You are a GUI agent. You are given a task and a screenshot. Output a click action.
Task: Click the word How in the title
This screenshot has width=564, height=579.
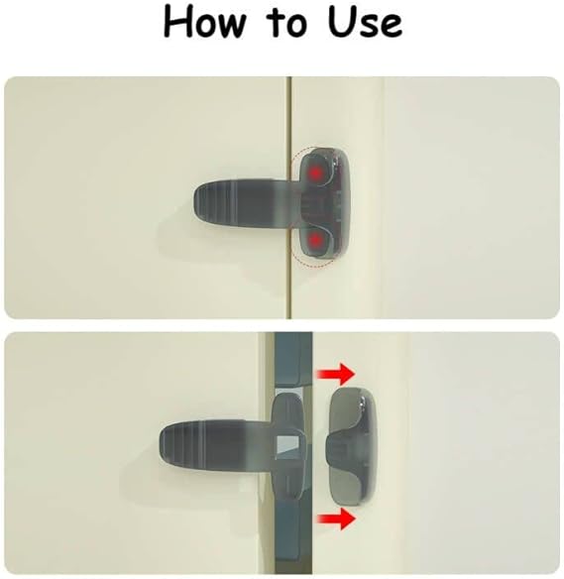coord(204,23)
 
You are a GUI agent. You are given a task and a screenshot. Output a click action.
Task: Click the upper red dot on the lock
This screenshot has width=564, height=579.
coord(315,173)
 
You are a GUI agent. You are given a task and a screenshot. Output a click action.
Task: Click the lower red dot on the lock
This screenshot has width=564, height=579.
coord(315,240)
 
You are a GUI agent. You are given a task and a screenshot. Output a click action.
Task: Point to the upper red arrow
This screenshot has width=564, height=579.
coord(336,374)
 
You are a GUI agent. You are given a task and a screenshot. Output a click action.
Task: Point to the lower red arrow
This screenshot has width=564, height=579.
coord(336,519)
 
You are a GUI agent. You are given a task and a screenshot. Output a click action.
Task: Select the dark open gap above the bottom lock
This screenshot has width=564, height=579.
coord(293,359)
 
